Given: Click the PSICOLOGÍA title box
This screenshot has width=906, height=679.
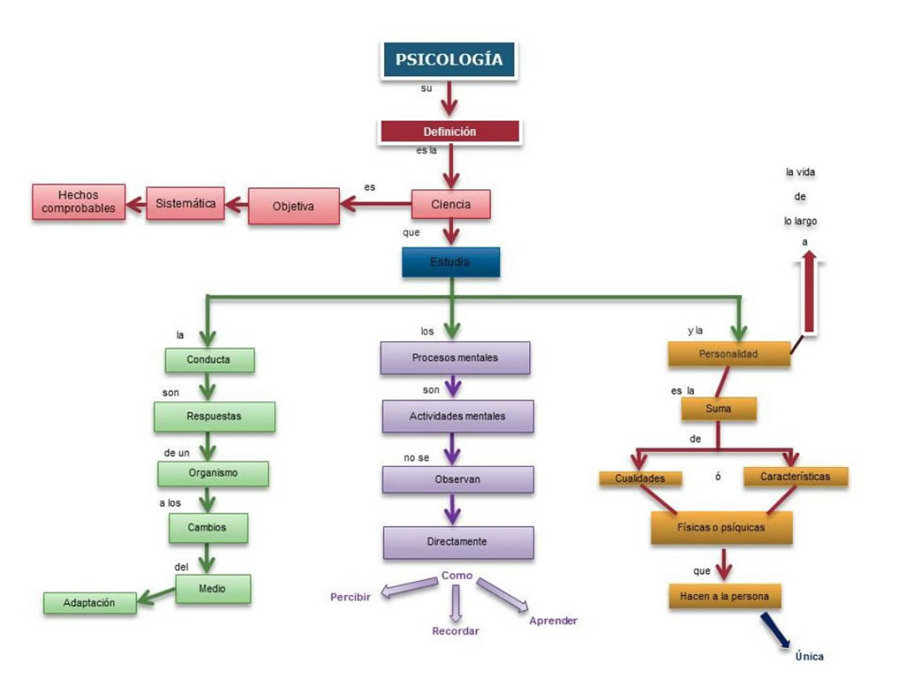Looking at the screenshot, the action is point(449,59).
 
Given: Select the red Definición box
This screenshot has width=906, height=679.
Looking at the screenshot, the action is point(449,131).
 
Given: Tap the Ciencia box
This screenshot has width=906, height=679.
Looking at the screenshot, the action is point(450,204).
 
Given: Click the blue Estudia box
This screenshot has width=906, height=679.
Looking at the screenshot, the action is point(450,262).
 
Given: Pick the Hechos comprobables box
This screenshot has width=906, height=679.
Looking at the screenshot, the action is point(79,202).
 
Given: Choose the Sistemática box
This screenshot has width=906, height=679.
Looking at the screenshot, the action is point(186,203).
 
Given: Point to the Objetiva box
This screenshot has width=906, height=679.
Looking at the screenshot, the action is point(294,206).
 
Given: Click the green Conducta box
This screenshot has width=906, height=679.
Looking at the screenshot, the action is point(209,360).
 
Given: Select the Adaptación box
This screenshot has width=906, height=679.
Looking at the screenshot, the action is point(89,603).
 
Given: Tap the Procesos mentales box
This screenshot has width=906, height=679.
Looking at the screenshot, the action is point(455,358).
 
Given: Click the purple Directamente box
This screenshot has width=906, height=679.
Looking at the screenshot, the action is point(457,542).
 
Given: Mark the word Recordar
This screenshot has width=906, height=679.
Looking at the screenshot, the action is point(456,631).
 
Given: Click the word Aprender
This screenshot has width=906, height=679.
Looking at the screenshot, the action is point(553,621).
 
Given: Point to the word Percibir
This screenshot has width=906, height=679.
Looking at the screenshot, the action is point(350,597).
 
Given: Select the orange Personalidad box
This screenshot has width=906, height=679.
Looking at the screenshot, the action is point(729,354).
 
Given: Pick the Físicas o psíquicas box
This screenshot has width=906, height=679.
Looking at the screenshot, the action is point(721,528).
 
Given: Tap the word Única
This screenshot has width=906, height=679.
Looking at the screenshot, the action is point(809,656).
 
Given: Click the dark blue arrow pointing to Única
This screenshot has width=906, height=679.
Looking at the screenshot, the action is point(775,630).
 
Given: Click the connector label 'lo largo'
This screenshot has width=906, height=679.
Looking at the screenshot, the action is point(800,221).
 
